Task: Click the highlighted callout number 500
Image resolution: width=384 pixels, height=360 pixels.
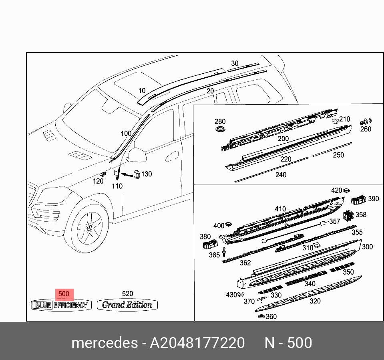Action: pos(64,294)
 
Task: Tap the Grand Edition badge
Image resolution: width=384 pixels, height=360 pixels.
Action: pos(127,305)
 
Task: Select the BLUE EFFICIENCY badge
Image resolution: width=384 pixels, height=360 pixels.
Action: pos(61,305)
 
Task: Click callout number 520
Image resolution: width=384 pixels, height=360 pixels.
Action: pos(127,294)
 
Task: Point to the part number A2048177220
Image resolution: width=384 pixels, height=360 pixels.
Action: pos(197,343)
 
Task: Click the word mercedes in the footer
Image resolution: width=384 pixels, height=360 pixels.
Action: pos(104,343)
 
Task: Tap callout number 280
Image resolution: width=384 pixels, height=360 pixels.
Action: pos(220,121)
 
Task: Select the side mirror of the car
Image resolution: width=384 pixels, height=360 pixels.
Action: pos(137,156)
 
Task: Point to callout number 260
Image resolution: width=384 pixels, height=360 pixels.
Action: pos(366,129)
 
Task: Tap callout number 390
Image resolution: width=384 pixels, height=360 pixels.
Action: pos(373,199)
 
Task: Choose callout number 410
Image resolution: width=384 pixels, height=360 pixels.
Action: pos(280,209)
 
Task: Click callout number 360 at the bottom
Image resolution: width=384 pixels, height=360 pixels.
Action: pos(271,317)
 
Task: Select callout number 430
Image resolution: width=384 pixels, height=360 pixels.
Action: pos(231,295)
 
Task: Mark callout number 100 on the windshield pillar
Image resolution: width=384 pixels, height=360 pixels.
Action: pos(126,133)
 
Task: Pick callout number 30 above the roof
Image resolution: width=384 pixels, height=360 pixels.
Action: pos(235,63)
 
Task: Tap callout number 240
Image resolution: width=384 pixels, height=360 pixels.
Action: pos(281,175)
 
